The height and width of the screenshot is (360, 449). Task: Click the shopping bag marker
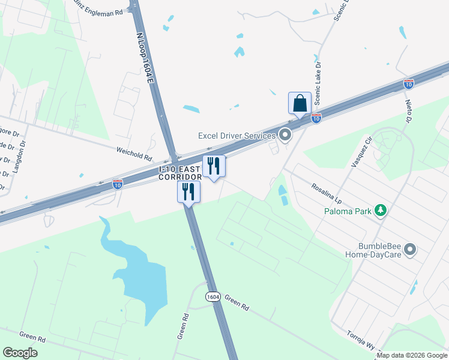(300, 103)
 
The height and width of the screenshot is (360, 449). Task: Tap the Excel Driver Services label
(237, 136)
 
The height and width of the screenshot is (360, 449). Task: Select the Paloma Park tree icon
(379, 211)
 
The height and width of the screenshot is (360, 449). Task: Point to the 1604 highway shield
(212, 297)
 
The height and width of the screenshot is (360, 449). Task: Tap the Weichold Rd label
(134, 153)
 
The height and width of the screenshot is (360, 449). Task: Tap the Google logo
(20, 353)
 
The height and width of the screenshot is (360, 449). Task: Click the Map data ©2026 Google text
(412, 355)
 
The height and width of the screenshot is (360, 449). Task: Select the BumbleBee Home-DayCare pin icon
(411, 249)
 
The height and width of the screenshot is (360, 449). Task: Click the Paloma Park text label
(347, 211)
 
